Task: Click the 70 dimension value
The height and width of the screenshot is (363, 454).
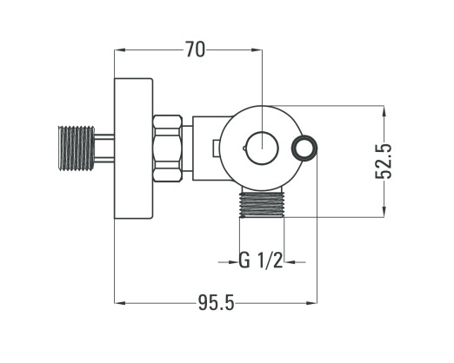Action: [195, 49]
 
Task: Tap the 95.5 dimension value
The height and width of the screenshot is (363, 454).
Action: [216, 303]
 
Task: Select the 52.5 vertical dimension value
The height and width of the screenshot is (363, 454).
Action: [384, 162]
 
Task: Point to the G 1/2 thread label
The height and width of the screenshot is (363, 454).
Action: [260, 261]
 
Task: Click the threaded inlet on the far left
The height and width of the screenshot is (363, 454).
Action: [77, 148]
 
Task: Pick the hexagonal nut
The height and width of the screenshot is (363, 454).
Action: [168, 148]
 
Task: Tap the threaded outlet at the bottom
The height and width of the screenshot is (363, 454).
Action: [262, 204]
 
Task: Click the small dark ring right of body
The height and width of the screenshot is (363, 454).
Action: [304, 148]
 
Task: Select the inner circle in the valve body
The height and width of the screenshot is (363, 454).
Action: [262, 148]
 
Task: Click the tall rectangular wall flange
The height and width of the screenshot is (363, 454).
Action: [133, 148]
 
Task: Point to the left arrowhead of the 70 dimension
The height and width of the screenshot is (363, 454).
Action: [120, 49]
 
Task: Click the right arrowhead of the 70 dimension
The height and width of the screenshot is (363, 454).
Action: [257, 49]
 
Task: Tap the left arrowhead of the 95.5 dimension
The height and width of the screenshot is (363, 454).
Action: [120, 303]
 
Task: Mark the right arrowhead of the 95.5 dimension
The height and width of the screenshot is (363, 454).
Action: [312, 303]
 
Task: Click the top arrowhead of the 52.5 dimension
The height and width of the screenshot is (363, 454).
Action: [384, 111]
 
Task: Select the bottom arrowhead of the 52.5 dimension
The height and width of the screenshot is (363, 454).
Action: [384, 211]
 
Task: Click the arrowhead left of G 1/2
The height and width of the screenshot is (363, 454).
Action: [234, 262]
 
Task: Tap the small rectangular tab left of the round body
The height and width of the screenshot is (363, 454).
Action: [216, 148]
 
